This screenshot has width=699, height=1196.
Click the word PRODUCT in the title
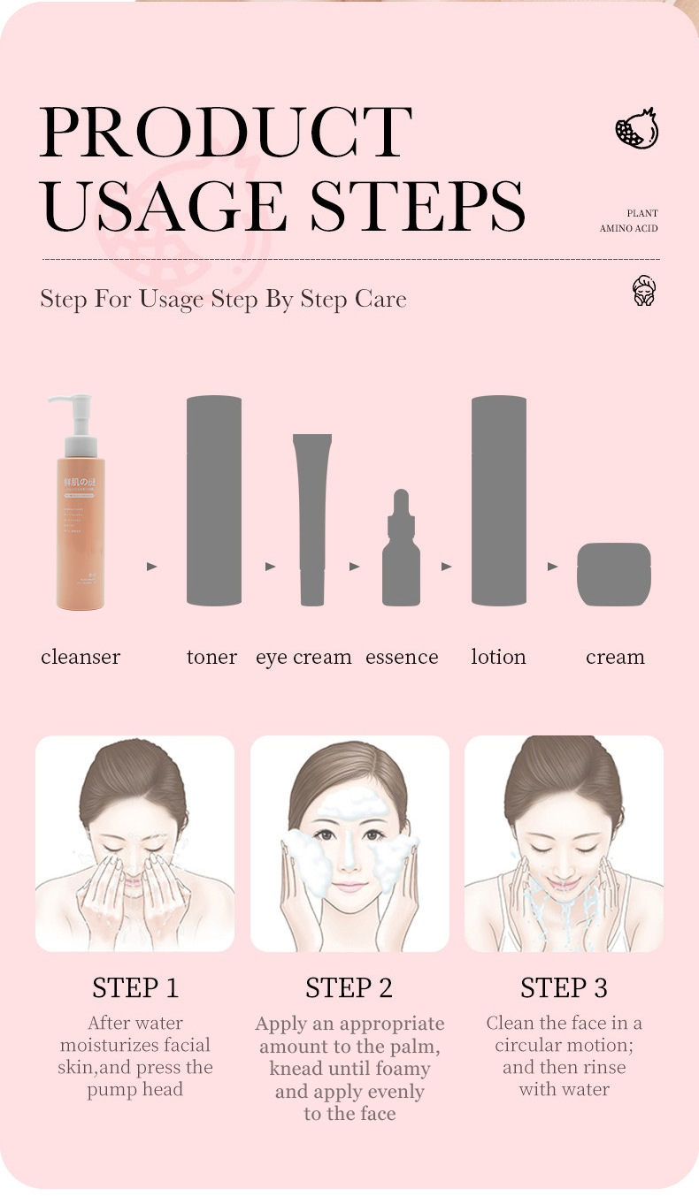tap(226, 133)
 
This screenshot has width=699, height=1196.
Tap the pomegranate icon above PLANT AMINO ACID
tap(637, 129)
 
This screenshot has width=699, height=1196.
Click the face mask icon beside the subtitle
tap(644, 291)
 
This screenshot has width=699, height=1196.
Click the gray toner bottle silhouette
tap(214, 500)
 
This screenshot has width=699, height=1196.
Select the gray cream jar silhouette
tap(614, 575)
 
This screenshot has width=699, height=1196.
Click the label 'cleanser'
tap(81, 657)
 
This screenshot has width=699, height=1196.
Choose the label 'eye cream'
tap(303, 657)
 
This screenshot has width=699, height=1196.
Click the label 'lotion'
tap(498, 657)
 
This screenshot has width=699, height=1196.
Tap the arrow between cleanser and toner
tap(151, 566)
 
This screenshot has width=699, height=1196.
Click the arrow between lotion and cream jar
tap(552, 566)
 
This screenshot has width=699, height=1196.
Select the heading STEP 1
tap(135, 987)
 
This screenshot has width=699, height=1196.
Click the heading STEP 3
tap(564, 987)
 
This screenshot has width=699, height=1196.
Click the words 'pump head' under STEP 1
tap(135, 1089)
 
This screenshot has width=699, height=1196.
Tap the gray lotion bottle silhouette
tap(499, 500)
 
